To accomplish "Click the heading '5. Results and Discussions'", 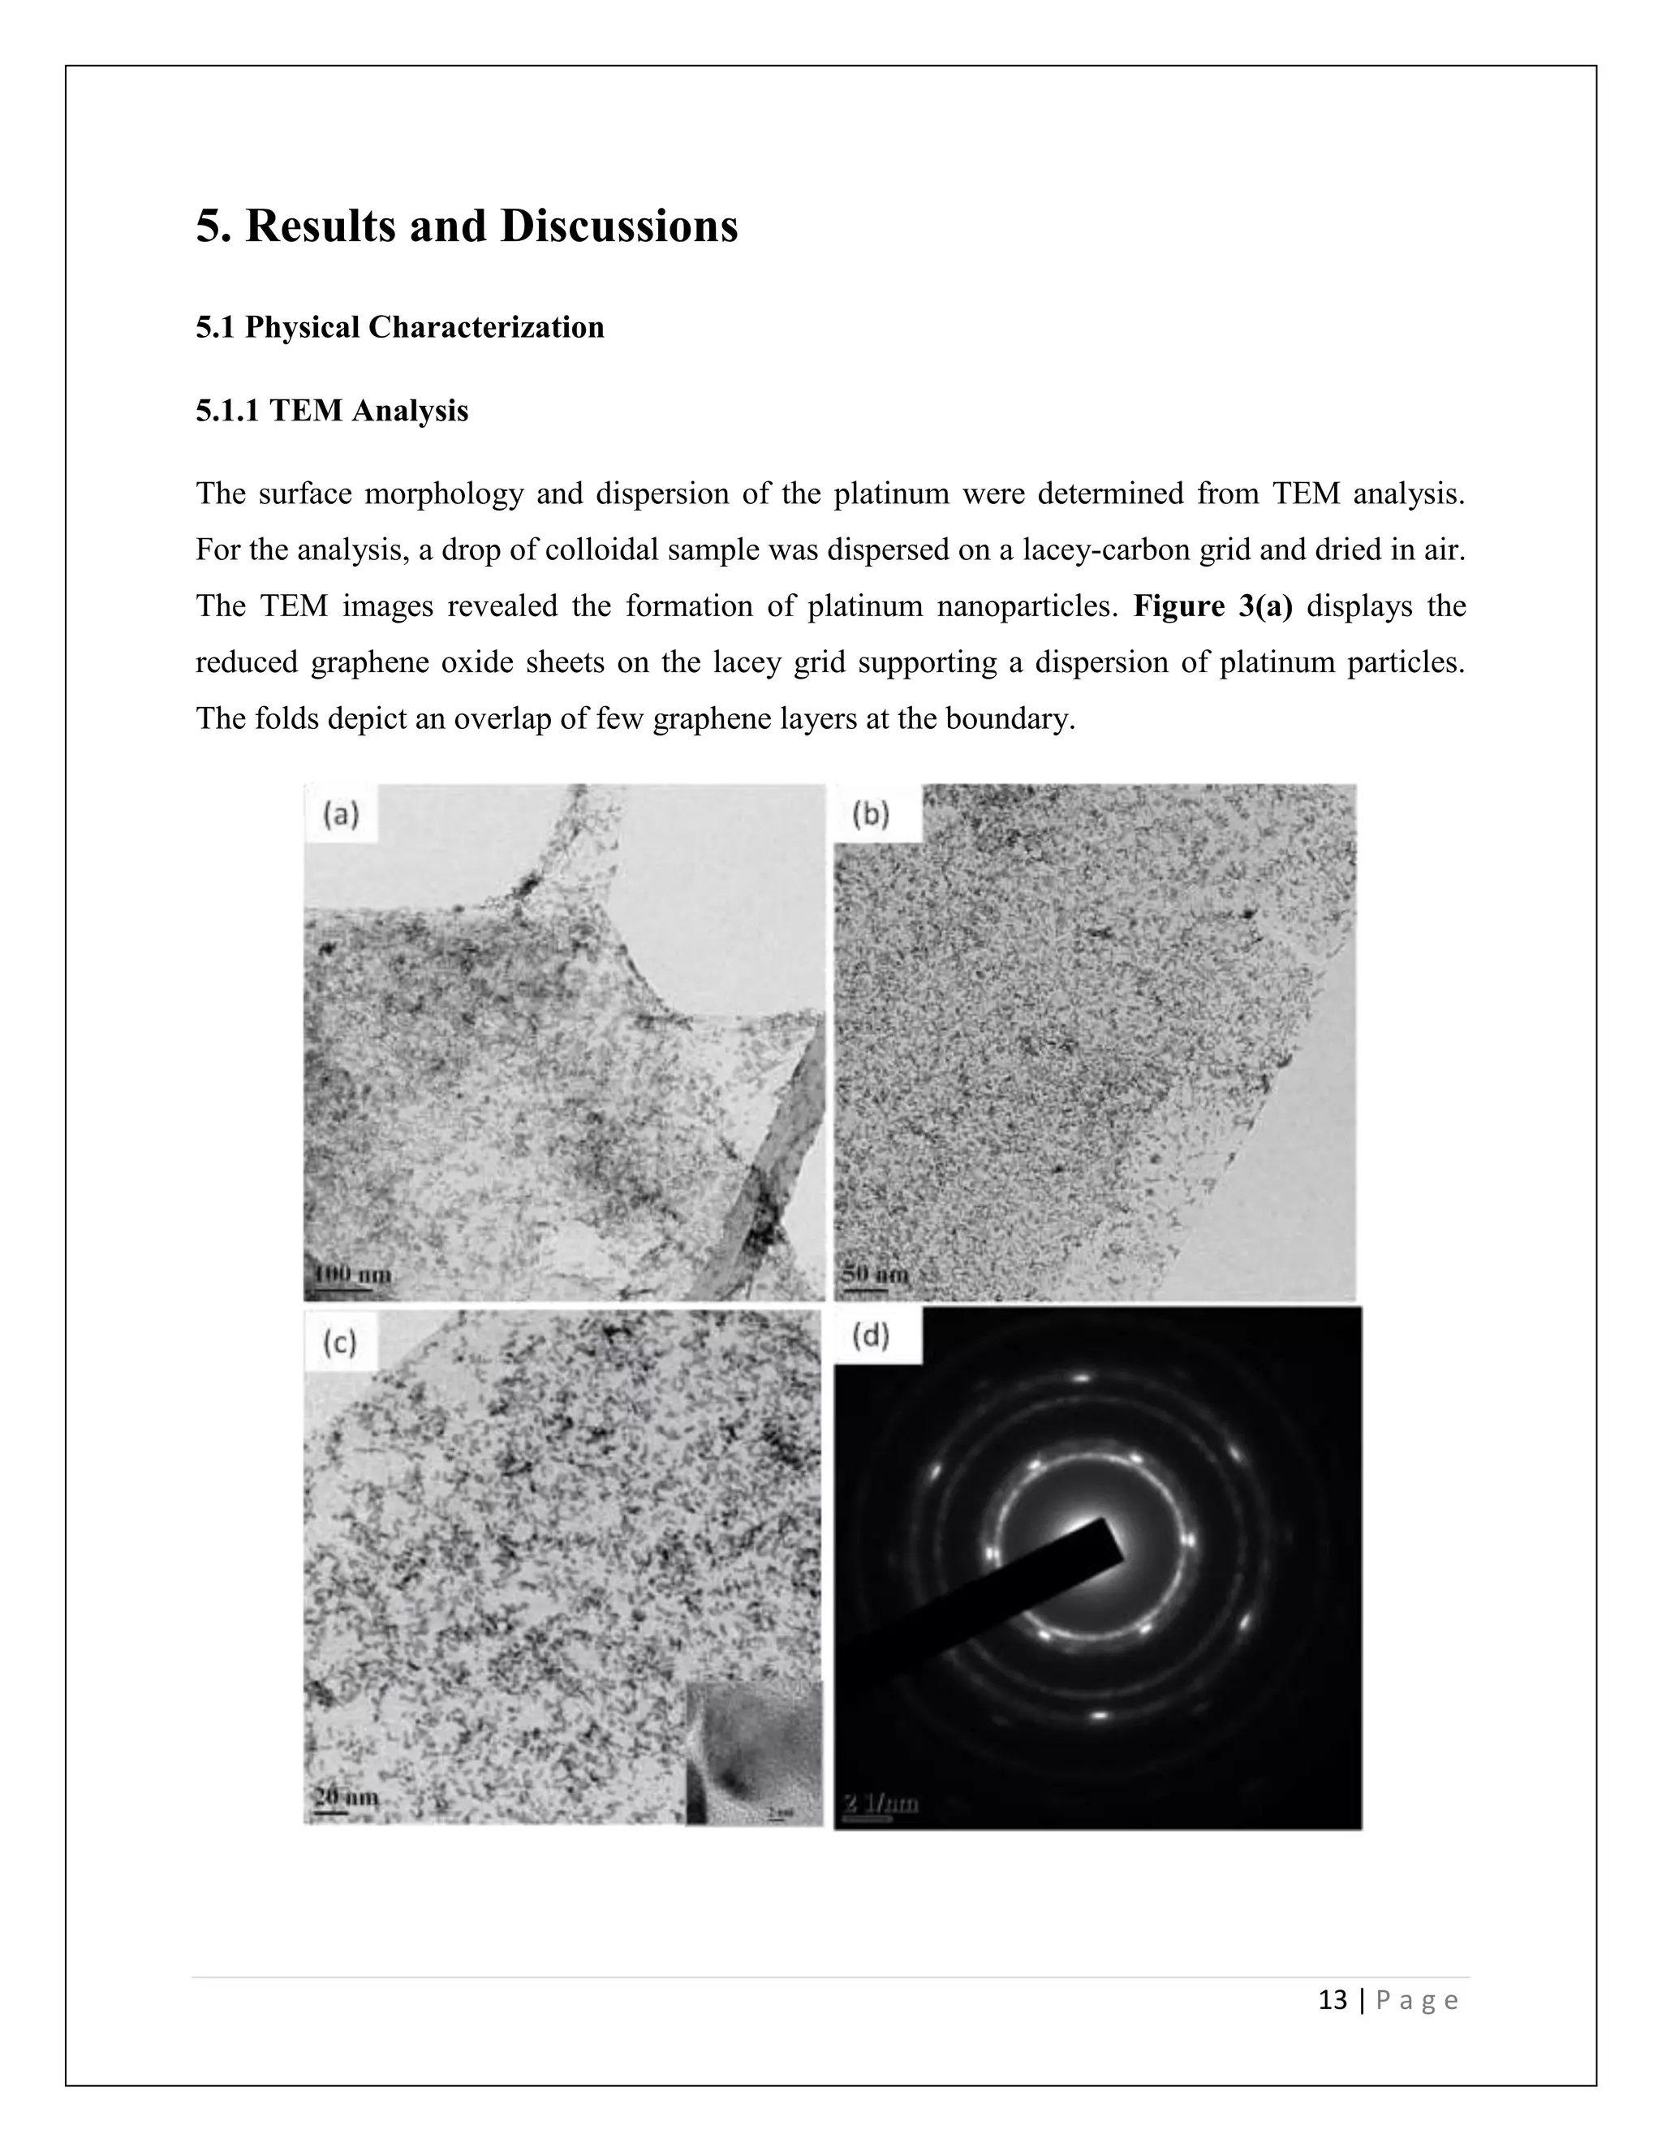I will (x=467, y=226).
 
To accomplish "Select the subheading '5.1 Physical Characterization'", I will (x=400, y=327).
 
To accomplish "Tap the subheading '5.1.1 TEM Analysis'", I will (x=332, y=410).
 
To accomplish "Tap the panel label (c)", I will (x=341, y=1342).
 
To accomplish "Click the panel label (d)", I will (x=871, y=1337).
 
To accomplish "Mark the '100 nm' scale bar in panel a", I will (x=351, y=1274).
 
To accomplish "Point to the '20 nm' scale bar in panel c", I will (x=346, y=1797).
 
